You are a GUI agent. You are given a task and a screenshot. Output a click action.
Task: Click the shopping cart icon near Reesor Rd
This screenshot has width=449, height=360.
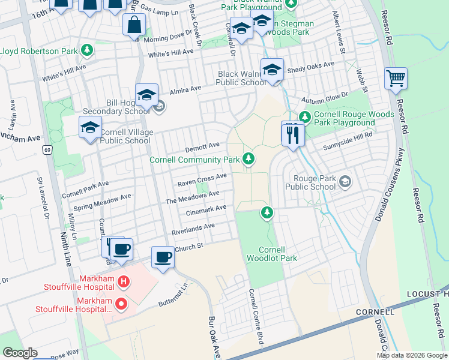(396, 78)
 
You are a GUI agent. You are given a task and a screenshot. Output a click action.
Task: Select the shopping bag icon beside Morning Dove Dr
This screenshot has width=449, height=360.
(134, 25)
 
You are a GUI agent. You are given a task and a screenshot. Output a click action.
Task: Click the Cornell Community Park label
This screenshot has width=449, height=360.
(195, 160)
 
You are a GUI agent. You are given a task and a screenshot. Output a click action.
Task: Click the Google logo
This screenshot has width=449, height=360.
(19, 352)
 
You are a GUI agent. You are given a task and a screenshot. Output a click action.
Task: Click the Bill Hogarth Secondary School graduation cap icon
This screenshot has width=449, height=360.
(146, 95)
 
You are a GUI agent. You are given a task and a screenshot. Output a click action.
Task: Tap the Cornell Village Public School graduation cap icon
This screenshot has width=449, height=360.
(91, 128)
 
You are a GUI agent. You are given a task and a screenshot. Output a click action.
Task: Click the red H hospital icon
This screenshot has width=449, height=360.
(122, 280)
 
